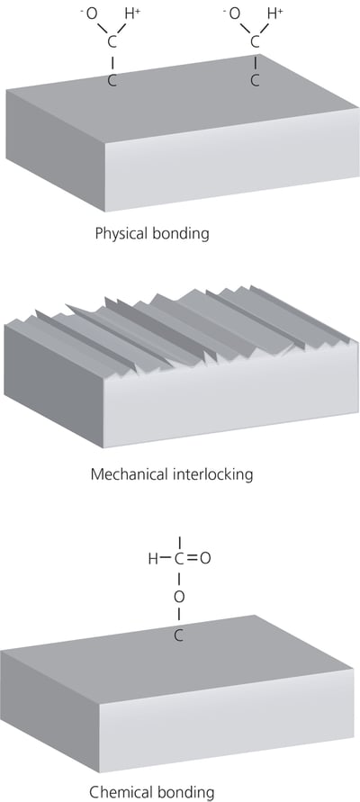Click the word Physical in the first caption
pos(122,233)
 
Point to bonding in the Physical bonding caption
pos(181,233)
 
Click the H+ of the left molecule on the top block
pos(133,14)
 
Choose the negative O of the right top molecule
pos(234,14)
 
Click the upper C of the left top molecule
pos(112,41)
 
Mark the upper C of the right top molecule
pos(254,41)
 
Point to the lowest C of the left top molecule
pos(112,80)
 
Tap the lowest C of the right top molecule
pos(254,80)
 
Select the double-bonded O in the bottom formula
pos(206,558)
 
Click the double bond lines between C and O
pos(192,558)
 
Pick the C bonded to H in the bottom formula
pos(178,558)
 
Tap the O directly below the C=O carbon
pos(178,596)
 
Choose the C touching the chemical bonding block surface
pos(178,635)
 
